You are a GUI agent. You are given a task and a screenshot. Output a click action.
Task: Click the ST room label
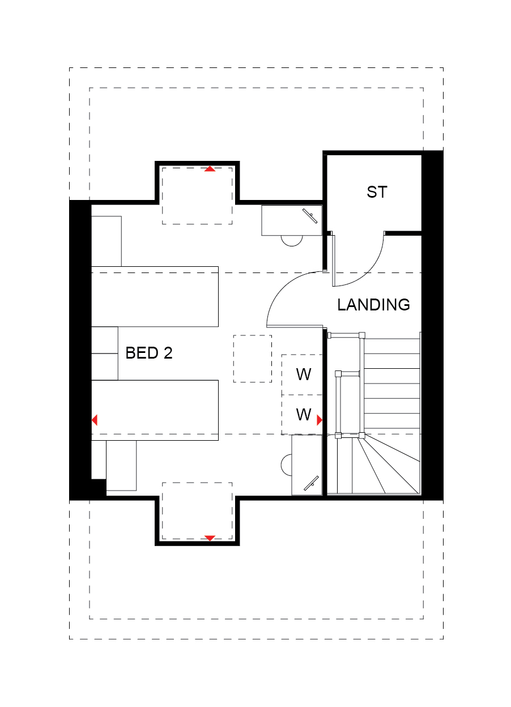point(377,192)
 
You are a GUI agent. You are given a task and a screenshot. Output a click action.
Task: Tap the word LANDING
point(374,305)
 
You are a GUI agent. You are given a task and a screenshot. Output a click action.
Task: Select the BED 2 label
point(149,353)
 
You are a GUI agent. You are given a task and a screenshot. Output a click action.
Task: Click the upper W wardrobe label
point(304,374)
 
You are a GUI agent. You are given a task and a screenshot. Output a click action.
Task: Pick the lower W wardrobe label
point(304,415)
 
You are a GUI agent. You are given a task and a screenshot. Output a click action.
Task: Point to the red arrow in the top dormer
point(210,169)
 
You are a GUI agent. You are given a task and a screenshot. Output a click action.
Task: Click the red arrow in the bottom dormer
point(210,538)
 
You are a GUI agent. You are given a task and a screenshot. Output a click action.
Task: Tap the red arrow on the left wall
point(95,420)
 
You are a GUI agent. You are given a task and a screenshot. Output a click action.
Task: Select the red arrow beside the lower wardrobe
point(320,420)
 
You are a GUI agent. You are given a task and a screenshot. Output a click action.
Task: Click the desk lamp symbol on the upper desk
point(310,216)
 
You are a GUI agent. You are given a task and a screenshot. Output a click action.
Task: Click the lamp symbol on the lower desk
point(311,483)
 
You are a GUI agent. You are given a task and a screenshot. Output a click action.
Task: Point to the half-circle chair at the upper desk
point(292,241)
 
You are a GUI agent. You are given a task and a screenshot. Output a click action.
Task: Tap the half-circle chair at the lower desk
point(286,465)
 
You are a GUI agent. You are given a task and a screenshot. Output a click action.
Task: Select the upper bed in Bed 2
point(155,297)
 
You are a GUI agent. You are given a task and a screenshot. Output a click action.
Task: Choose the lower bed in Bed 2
point(155,410)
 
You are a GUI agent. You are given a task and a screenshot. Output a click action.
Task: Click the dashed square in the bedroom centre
point(253,359)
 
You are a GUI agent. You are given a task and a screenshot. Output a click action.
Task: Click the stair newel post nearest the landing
point(361,335)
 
